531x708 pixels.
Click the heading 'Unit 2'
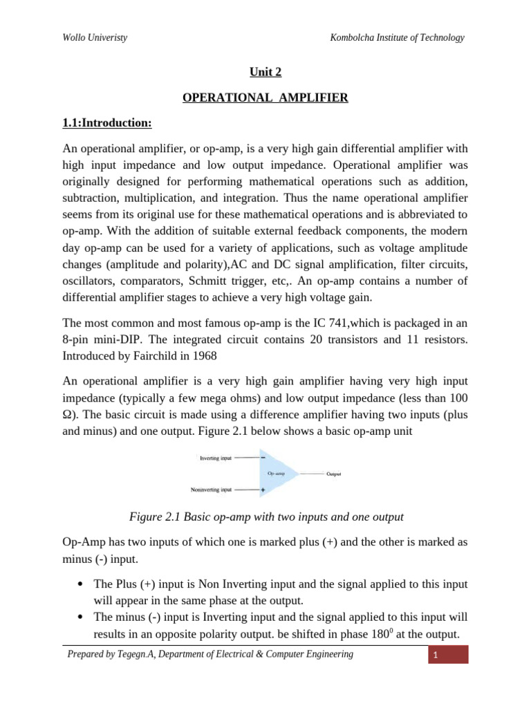[265, 71]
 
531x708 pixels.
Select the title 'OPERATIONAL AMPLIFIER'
[265, 97]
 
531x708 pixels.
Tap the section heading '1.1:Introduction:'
[106, 123]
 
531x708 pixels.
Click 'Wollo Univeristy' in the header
[95, 38]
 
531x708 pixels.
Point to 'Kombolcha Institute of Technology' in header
[398, 38]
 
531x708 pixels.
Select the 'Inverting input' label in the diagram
[216, 458]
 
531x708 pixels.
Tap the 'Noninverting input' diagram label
[212, 490]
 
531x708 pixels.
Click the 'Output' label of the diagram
[334, 474]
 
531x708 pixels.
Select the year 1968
[201, 355]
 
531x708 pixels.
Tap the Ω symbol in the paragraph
[67, 414]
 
